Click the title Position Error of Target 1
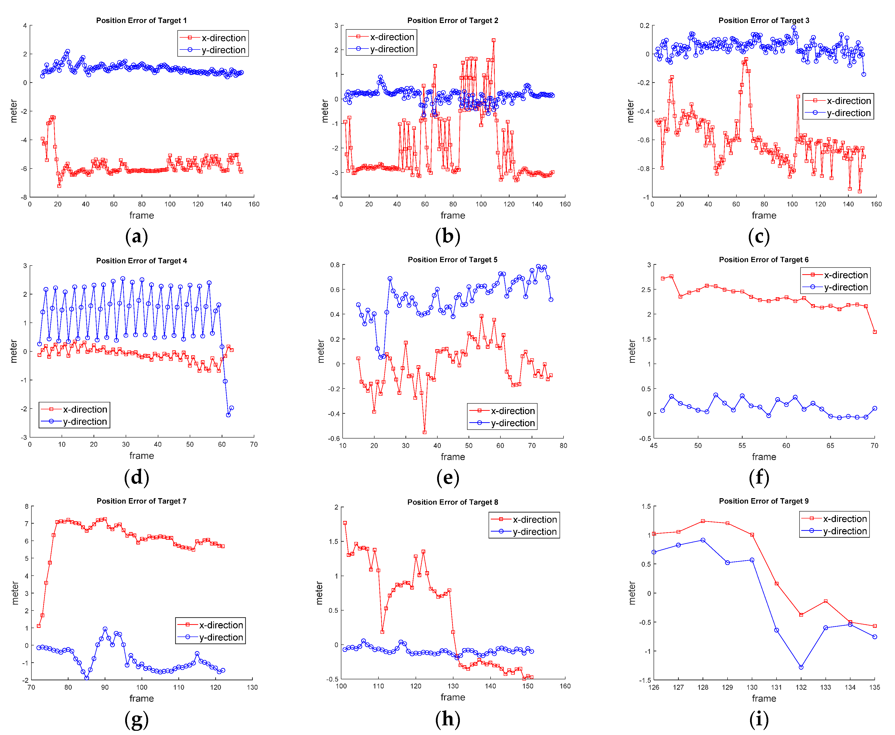click(x=141, y=20)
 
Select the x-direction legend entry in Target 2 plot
click(x=391, y=37)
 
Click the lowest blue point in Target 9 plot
click(x=801, y=667)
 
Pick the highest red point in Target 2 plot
click(x=494, y=41)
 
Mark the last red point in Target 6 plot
click(x=874, y=332)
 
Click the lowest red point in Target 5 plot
click(x=424, y=432)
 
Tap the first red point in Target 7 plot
click(x=39, y=626)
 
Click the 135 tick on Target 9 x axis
click(x=874, y=687)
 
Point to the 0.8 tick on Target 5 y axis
click(x=335, y=265)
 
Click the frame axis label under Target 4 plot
click(x=141, y=456)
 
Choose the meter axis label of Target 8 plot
click(x=320, y=593)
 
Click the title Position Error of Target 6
click(x=763, y=260)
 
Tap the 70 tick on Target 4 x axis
click(x=254, y=444)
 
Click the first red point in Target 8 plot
click(x=345, y=523)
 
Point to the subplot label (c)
click(x=759, y=236)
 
